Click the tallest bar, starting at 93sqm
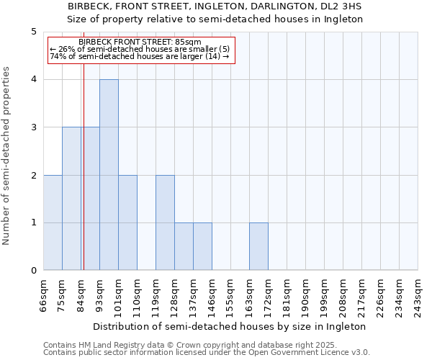coord(109,175)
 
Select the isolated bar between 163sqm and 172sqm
coord(258,247)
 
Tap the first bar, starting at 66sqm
coord(53,222)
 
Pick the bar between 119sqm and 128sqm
coord(165,222)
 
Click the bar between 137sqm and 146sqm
coord(202,247)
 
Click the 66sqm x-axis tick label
coord(44,294)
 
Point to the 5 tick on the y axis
coord(33,32)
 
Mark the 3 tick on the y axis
coord(33,127)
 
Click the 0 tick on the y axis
coord(33,271)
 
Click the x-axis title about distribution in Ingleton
coord(230,326)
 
